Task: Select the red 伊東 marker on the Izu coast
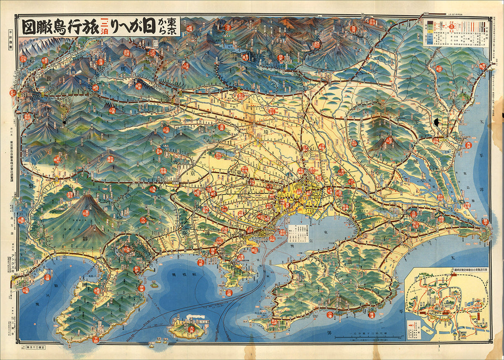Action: [141, 288]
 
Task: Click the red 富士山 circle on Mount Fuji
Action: [86, 213]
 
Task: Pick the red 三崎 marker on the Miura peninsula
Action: [229, 292]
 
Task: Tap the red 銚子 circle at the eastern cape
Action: [485, 221]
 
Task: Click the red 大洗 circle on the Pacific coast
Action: [469, 145]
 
